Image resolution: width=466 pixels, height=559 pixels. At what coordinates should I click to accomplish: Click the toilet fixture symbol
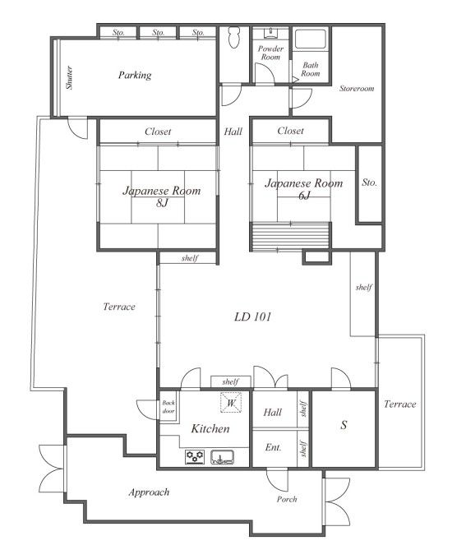tap(234, 37)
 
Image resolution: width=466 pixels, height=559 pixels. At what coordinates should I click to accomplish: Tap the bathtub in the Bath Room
tap(310, 39)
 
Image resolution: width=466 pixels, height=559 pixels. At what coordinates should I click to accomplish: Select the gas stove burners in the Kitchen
tap(195, 457)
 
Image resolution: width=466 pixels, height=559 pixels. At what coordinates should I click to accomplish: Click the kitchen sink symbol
tap(223, 457)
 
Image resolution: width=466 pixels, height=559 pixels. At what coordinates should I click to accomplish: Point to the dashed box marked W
tap(231, 403)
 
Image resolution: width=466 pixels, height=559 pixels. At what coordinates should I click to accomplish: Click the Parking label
tap(135, 76)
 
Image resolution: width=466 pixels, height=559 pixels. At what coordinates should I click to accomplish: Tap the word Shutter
tap(70, 77)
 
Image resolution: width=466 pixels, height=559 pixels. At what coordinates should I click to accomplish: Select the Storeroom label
tap(357, 89)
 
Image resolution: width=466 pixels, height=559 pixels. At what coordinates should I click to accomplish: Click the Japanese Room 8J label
tap(162, 196)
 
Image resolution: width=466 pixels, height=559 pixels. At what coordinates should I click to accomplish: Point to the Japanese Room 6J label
tap(303, 188)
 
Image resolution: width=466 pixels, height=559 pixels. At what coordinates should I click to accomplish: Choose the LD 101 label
tap(253, 316)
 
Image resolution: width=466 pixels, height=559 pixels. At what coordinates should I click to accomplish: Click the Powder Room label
tap(270, 53)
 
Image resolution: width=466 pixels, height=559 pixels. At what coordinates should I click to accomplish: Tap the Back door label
tap(168, 407)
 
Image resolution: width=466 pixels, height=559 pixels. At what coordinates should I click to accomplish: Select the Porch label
tap(287, 499)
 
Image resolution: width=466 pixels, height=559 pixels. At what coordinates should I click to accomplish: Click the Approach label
tap(149, 492)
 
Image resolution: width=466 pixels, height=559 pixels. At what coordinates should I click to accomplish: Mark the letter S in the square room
tap(344, 425)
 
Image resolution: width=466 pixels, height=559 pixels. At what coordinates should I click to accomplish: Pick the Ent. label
tap(273, 447)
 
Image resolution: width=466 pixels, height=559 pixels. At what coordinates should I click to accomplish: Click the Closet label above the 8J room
tap(158, 132)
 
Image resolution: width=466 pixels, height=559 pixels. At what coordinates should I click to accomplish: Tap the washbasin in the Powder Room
tap(271, 33)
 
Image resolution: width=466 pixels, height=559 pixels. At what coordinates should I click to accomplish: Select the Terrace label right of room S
tap(400, 404)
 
